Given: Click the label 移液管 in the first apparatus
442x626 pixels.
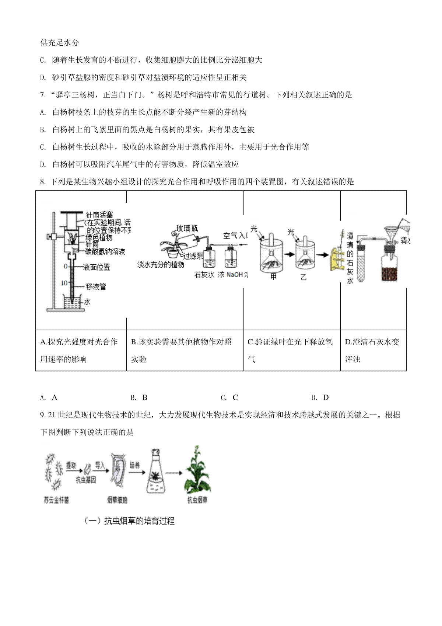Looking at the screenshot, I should [x=96, y=286].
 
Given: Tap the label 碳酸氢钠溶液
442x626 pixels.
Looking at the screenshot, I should [x=105, y=251].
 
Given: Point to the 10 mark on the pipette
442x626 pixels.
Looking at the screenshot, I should [x=64, y=283].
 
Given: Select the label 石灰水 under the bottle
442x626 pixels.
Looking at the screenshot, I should [x=204, y=275].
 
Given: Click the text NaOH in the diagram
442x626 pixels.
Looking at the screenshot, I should [x=235, y=275].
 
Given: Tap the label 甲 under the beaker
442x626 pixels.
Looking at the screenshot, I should [x=273, y=277].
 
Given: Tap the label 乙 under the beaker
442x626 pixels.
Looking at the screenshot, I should [x=303, y=277].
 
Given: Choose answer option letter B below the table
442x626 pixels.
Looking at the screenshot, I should [x=144, y=397].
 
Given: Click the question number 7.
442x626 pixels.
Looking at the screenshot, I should [x=42, y=95].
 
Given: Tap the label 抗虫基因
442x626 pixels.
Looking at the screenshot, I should [x=86, y=480].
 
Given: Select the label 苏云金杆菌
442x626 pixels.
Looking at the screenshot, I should [x=56, y=500].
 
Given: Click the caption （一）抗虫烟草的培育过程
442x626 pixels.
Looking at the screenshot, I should [x=129, y=521].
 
